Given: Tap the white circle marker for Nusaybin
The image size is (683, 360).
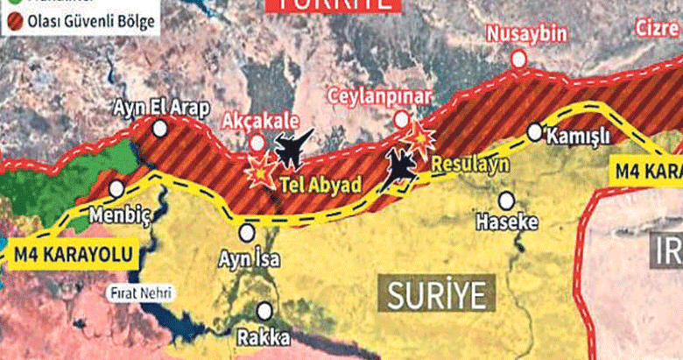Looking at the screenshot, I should tap(518, 59).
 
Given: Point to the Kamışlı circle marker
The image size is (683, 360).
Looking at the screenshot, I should tap(534, 131).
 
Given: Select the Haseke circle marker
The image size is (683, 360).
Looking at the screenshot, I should tap(506, 200).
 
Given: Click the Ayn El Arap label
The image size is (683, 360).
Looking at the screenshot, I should tap(162, 108).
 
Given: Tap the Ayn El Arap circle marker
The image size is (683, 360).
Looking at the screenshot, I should tap(160, 129).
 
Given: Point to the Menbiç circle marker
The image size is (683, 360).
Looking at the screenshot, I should tap(116, 188).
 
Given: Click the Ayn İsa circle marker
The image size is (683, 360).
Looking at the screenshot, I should tap(248, 232).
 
